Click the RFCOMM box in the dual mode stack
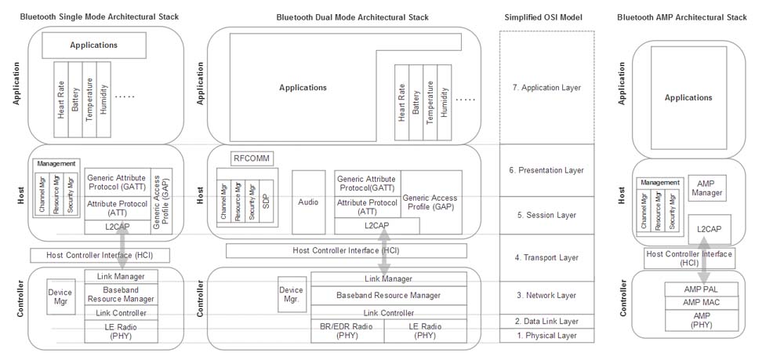(x=251, y=158)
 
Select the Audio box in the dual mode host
(x=308, y=202)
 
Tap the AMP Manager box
(x=707, y=187)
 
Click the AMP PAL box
(x=702, y=288)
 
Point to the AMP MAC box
(x=702, y=302)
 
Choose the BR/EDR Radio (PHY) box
(x=347, y=331)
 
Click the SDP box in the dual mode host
(x=265, y=203)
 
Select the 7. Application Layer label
(x=546, y=88)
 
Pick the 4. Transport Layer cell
(x=546, y=257)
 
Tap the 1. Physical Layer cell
(x=546, y=336)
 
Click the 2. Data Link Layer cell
(x=546, y=321)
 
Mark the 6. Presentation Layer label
(x=546, y=169)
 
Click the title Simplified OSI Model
(x=546, y=17)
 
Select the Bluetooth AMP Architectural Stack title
(x=682, y=17)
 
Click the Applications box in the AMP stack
(x=688, y=98)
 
